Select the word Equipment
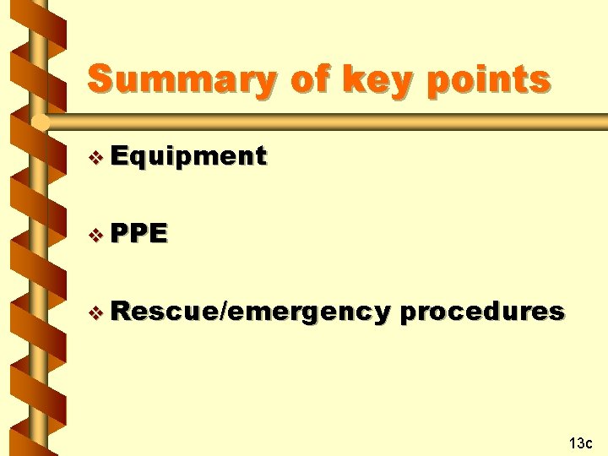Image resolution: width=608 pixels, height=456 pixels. [188, 157]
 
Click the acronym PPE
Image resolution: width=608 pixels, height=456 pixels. [138, 234]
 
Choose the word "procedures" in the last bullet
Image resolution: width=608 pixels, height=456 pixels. [482, 312]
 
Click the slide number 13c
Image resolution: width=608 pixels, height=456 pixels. [581, 442]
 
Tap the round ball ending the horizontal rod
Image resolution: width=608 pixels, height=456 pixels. [38, 123]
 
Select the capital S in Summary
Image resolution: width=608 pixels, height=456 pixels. [100, 79]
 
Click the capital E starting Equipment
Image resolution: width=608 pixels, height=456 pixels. [118, 156]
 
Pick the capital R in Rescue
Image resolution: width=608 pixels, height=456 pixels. [119, 312]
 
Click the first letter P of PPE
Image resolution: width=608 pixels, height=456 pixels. [119, 234]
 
